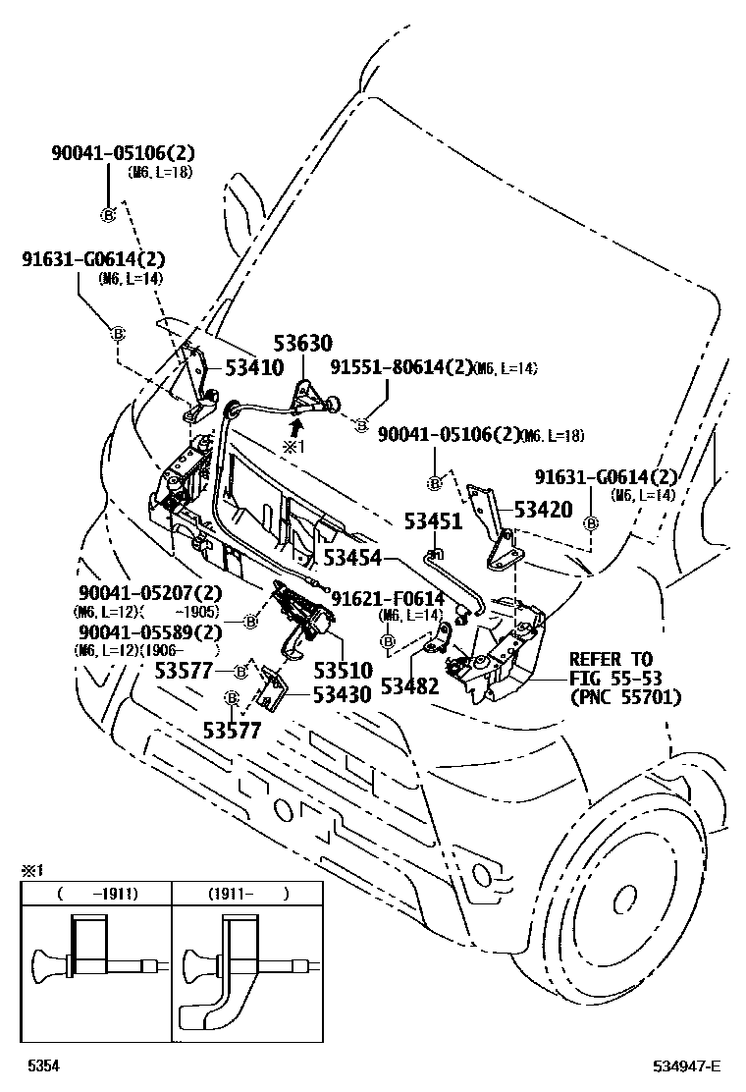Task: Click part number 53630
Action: [302, 344]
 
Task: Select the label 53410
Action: [254, 368]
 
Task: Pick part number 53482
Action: [411, 685]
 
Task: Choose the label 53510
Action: [343, 672]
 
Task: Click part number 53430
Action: [343, 695]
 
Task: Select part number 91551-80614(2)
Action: [400, 367]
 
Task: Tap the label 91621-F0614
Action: [387, 598]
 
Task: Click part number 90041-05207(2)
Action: [150, 593]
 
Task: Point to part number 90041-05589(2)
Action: [150, 632]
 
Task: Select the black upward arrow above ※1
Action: [295, 425]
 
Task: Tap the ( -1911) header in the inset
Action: [96, 894]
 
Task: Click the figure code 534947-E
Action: [688, 1066]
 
